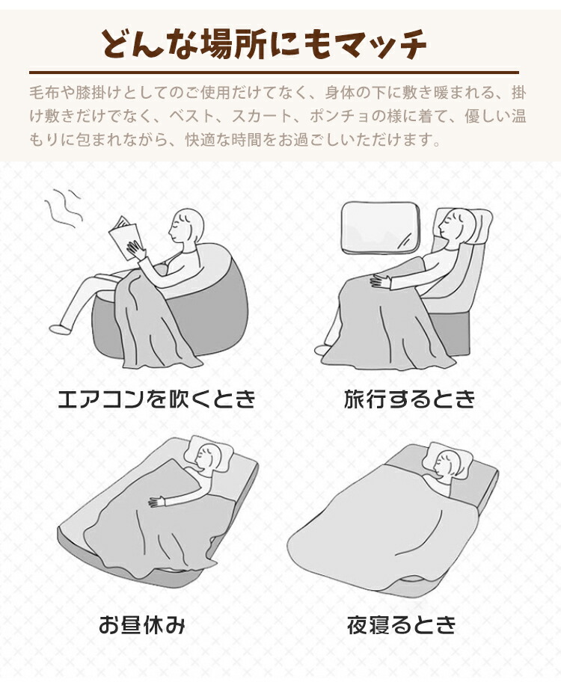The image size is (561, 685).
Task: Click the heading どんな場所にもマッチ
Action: point(263,44)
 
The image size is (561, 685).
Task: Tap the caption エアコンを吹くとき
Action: point(156,399)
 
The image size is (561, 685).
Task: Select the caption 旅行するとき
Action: point(409,399)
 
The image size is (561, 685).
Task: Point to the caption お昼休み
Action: point(142,624)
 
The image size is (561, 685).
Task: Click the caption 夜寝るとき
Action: point(401,624)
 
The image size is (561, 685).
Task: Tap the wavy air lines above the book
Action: point(64,208)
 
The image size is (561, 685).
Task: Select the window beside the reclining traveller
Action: point(378,227)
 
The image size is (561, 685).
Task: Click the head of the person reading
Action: point(186,227)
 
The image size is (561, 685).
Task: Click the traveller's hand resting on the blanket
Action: point(381,280)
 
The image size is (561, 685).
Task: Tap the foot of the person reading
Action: point(60,328)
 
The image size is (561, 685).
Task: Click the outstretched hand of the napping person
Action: point(157,502)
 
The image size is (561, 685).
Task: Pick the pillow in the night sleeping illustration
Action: point(450,460)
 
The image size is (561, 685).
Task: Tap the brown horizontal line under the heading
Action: point(274,72)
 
